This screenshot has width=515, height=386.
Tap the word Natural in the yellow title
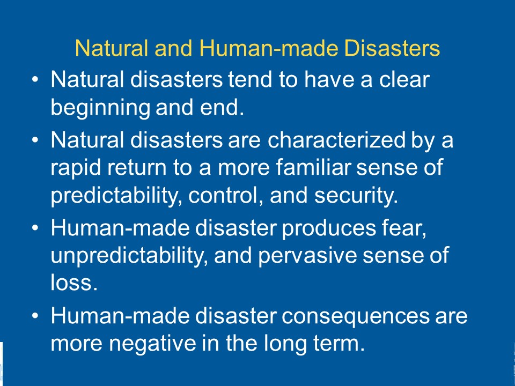click(112, 48)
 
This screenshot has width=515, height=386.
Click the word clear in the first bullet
click(404, 79)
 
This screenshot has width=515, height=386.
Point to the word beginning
click(100, 108)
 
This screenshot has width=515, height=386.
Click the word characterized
click(336, 140)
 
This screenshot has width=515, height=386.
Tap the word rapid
click(76, 168)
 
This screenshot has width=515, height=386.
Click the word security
click(356, 196)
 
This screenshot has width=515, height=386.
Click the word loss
click(74, 283)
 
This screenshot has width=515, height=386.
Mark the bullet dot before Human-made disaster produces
click(35, 228)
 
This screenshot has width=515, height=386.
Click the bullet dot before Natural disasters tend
click(35, 79)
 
